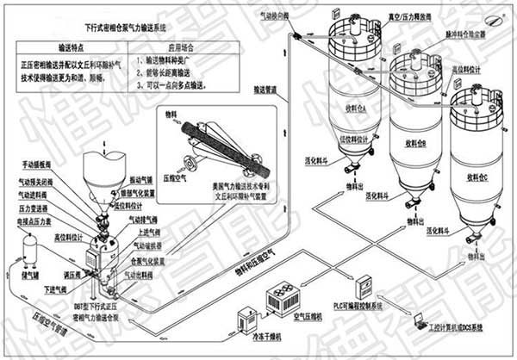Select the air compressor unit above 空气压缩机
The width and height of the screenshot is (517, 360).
click(284, 298)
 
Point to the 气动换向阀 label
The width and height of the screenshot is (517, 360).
click(286, 16)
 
